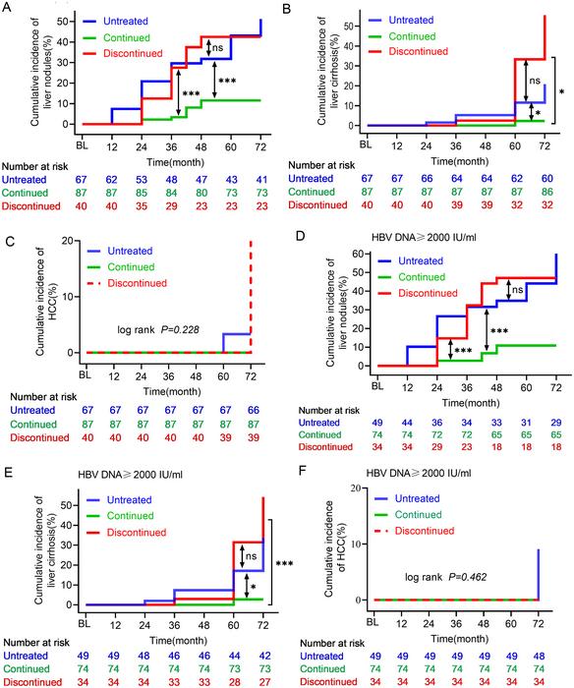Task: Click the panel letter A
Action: (7, 9)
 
